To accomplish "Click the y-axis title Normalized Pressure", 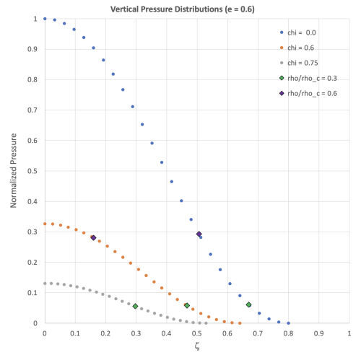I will (x=14, y=170).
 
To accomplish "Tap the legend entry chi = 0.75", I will (x=300, y=63).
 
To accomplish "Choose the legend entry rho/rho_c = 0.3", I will (x=310, y=78).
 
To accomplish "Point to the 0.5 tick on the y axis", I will (x=35, y=171).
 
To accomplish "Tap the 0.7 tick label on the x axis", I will (x=258, y=333).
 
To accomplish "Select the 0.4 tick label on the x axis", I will (x=166, y=333).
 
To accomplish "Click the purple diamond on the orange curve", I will (x=93, y=237).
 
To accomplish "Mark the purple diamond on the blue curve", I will (x=199, y=234).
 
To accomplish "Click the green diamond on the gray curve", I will (x=135, y=306).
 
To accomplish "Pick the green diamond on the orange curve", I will (x=187, y=305).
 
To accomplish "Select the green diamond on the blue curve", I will (x=248, y=304).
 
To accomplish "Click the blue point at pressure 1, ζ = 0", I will (x=45, y=19).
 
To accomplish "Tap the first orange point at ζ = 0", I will (x=45, y=224).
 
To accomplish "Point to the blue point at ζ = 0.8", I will (x=288, y=323).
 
